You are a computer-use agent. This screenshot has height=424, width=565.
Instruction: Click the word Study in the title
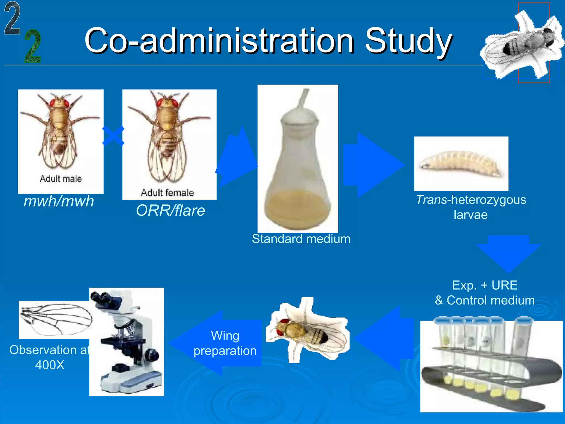408,41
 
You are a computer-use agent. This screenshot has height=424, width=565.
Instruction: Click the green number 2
33,46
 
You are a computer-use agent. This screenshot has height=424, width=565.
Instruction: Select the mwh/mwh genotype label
59,201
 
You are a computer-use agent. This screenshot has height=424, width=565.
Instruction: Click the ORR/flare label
170,211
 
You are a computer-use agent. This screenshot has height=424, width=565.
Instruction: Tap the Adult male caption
61,179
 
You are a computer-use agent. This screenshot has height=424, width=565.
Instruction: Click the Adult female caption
167,193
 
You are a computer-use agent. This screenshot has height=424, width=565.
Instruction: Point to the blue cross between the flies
113,136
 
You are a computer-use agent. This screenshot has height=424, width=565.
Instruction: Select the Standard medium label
301,239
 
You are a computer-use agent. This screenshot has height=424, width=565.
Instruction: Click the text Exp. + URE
484,285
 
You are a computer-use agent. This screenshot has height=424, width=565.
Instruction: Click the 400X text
50,365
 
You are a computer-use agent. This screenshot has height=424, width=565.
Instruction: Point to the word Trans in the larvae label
431,200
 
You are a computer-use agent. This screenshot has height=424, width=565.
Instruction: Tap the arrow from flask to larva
372,165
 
